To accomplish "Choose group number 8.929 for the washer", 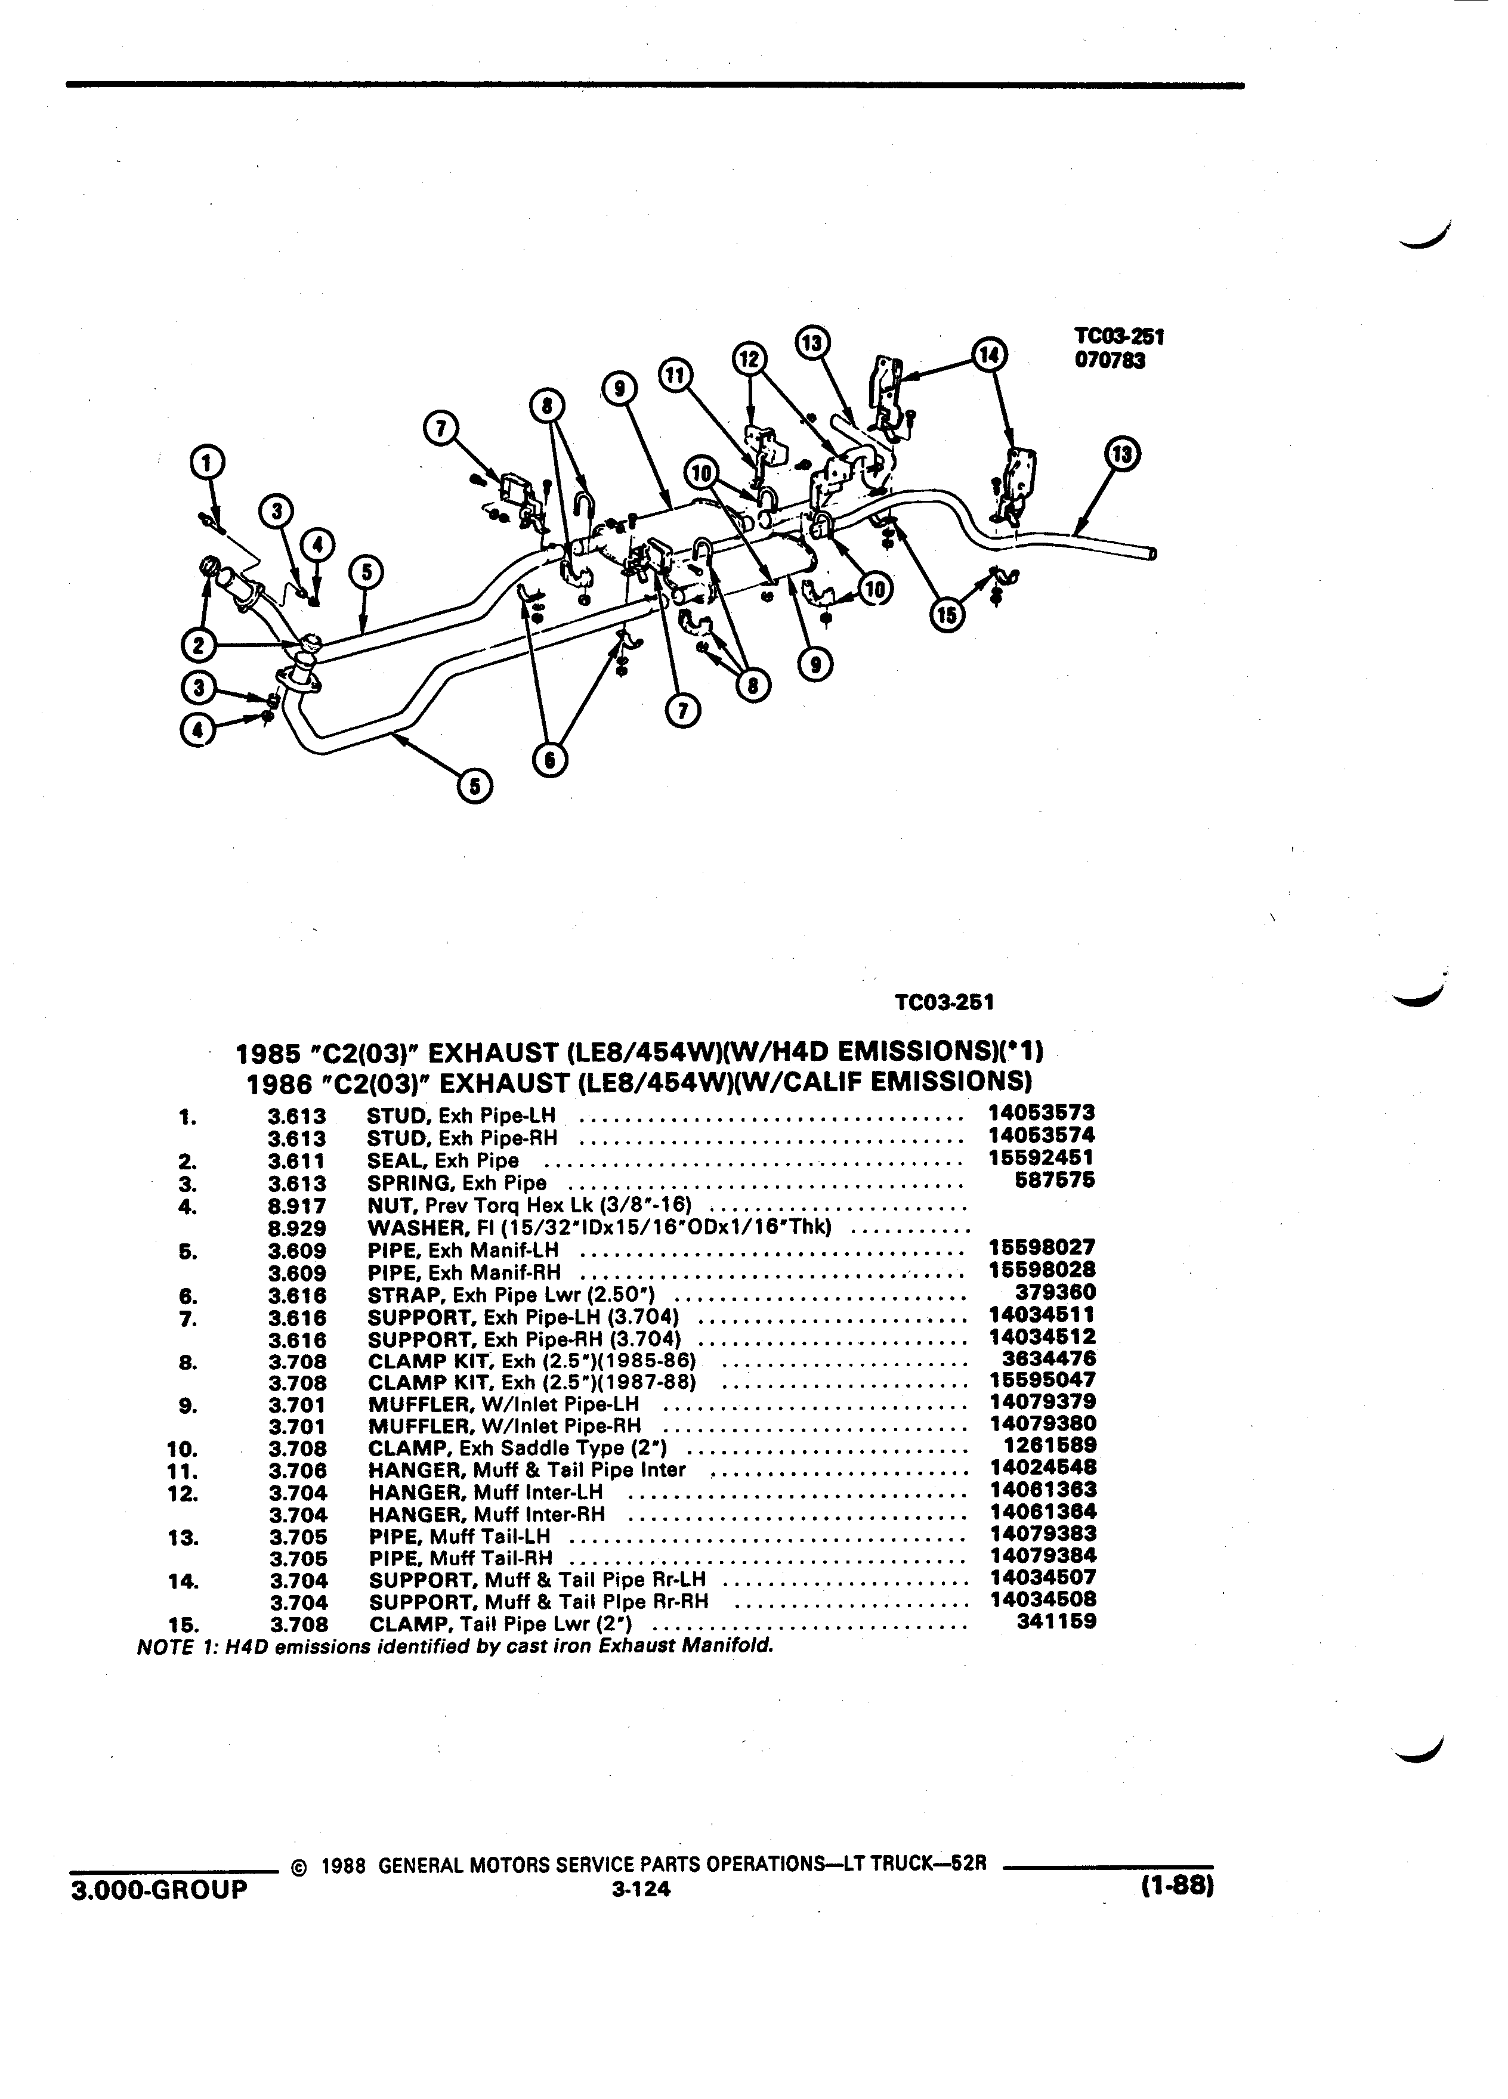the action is point(297,1228).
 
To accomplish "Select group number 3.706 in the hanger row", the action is point(298,1470).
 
